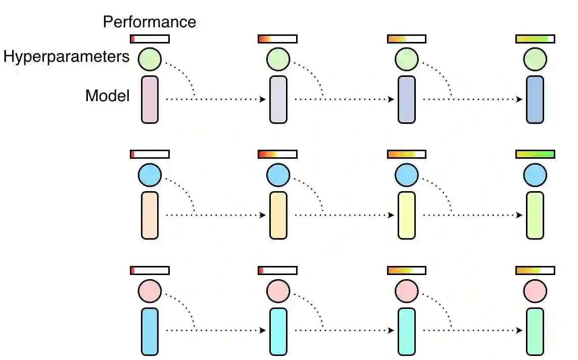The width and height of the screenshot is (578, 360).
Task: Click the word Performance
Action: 149,22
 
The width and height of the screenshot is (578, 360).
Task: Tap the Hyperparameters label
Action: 67,57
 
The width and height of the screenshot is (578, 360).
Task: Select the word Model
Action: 108,95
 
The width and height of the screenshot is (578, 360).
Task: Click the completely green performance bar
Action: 535,154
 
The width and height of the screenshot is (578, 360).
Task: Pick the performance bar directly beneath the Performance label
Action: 150,39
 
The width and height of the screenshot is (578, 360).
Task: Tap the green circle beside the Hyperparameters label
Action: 150,59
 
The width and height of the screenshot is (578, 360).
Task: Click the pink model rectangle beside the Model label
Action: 150,100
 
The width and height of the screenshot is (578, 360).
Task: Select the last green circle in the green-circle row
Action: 535,59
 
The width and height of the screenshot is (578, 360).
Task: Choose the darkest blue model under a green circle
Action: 535,100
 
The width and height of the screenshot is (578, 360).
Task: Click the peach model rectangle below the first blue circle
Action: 150,215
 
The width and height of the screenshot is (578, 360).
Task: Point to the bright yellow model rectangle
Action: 407,215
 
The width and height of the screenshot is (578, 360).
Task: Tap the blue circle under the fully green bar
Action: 535,175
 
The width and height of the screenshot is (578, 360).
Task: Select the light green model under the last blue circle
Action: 535,215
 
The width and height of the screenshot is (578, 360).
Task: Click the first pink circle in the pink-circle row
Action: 150,291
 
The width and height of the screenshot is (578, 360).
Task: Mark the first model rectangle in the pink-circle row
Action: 150,331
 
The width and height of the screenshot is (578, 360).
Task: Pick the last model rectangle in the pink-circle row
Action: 535,331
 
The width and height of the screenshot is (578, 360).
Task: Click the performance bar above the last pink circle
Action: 535,271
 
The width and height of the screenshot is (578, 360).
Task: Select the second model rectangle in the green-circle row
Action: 278,100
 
